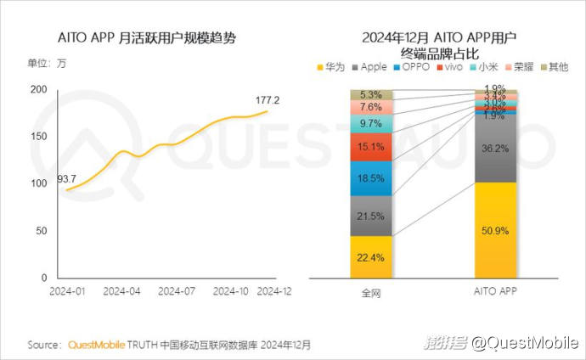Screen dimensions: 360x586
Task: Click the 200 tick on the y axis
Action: coord(38,90)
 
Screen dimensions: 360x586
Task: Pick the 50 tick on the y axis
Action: coord(41,231)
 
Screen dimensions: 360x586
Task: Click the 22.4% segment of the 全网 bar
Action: coord(371,257)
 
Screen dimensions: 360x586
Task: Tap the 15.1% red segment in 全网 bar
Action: coord(371,147)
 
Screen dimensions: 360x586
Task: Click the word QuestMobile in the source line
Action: coord(94,345)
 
